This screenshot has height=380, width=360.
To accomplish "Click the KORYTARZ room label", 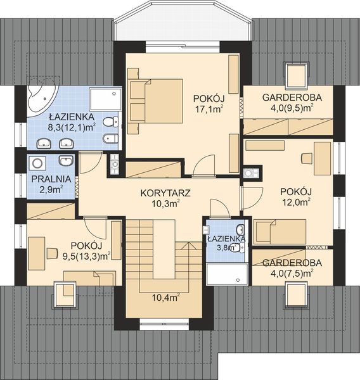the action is point(165,193).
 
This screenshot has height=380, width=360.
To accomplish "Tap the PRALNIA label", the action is point(51,179).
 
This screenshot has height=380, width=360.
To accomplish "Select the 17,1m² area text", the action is point(209,110).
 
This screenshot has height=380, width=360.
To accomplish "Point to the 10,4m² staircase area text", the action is point(166,297).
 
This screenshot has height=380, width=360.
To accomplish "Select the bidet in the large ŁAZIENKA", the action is point(110,139).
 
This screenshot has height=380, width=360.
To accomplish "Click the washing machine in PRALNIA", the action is point(37,163).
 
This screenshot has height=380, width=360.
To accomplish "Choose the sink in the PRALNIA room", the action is point(66,161).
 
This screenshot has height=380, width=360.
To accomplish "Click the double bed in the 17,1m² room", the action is point(155,101).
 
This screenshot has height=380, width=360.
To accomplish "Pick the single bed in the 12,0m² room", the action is point(280,232).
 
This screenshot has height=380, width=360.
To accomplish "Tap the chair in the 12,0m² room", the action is point(307,158).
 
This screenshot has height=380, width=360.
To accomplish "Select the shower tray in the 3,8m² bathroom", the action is point(227,274).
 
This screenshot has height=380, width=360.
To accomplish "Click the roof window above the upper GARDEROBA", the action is point(296,75).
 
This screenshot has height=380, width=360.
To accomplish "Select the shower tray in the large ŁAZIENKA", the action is point(105,99).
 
